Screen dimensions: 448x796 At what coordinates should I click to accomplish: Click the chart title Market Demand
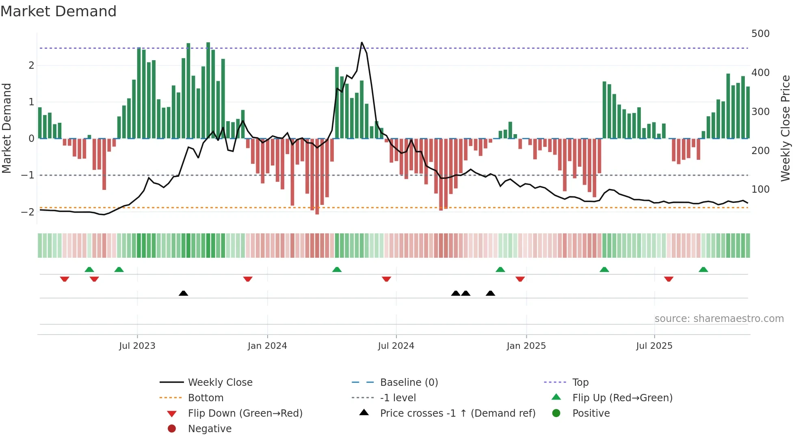click(x=58, y=11)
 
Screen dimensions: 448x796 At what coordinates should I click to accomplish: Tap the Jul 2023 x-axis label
click(x=137, y=346)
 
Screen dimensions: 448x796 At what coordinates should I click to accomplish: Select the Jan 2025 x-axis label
click(x=526, y=346)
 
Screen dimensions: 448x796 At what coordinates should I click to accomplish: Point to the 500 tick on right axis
click(x=760, y=34)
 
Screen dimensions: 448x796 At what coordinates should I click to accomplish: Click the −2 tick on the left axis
click(x=28, y=212)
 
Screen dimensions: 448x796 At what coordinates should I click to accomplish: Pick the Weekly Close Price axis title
click(x=785, y=128)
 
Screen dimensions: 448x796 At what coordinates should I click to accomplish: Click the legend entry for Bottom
click(x=205, y=398)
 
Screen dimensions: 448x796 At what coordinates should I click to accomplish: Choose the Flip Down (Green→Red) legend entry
click(x=245, y=413)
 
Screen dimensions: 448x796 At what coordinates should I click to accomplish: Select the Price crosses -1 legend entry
click(x=457, y=413)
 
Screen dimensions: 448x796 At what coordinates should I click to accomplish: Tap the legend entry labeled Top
click(x=580, y=383)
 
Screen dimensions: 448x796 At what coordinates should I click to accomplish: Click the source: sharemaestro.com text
click(x=719, y=319)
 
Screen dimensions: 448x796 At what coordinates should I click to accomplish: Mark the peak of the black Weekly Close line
click(x=362, y=42)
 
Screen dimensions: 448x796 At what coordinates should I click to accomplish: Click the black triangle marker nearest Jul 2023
click(x=183, y=293)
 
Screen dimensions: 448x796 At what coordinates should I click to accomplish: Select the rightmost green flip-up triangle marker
click(x=703, y=270)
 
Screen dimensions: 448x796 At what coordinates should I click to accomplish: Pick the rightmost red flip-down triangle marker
click(x=668, y=279)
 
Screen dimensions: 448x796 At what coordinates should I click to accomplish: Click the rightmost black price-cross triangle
click(x=490, y=293)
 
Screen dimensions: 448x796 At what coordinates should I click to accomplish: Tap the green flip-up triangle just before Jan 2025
click(x=500, y=270)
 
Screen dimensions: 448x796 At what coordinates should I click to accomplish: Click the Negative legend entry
click(x=210, y=429)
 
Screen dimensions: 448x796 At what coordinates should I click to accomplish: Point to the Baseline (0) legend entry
click(x=409, y=383)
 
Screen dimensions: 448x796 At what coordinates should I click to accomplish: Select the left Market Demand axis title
click(x=7, y=128)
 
